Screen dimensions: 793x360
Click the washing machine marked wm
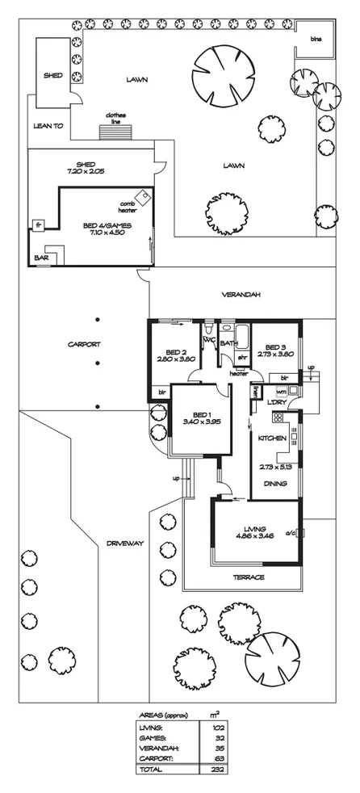[282, 391]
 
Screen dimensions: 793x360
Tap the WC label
[209, 341]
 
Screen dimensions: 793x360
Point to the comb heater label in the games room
[128, 206]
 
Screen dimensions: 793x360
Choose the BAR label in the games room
[40, 258]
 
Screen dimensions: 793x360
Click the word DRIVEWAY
[124, 543]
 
